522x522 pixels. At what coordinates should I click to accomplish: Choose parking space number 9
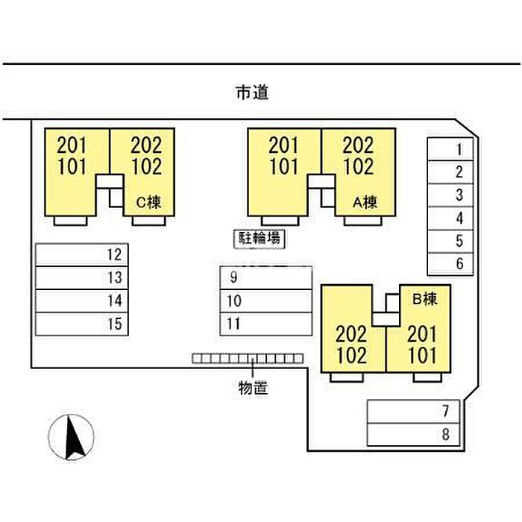tap(265, 278)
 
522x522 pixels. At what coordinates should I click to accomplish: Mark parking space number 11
tap(265, 324)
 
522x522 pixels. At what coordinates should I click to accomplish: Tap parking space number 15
tap(82, 324)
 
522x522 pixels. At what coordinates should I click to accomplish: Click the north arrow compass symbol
tap(72, 438)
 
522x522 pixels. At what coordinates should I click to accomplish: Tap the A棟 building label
tap(365, 201)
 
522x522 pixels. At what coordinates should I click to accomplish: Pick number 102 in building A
tap(358, 166)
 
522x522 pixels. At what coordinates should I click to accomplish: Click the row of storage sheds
tap(248, 359)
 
